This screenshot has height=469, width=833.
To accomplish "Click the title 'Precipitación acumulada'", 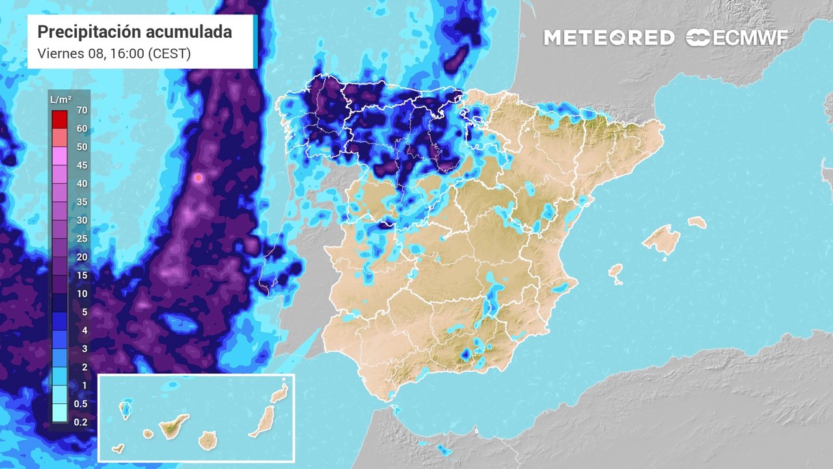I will click(x=135, y=32).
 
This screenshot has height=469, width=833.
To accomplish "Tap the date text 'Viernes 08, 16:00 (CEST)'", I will click(x=114, y=54).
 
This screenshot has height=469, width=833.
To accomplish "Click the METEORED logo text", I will click(x=609, y=38).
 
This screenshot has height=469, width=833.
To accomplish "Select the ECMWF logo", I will click(x=737, y=38).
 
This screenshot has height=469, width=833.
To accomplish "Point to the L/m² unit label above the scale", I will click(x=61, y=99).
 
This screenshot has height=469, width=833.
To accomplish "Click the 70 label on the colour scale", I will click(x=81, y=110).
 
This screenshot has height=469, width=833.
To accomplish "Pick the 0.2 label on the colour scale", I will click(x=81, y=422).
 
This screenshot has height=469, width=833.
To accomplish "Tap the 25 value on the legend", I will click(x=81, y=238).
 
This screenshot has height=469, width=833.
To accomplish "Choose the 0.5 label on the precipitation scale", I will click(x=81, y=404).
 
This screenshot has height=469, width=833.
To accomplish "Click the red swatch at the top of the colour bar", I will click(x=60, y=119).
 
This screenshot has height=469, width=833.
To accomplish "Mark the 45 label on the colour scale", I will click(x=81, y=165).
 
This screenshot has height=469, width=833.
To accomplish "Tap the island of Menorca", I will click(x=697, y=222).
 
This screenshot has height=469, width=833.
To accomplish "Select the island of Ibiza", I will click(x=616, y=273).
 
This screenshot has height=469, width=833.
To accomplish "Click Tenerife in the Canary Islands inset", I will click(x=174, y=427).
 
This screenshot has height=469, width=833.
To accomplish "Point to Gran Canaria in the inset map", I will click(x=208, y=441).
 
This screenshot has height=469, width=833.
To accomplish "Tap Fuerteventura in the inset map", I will click(x=262, y=422).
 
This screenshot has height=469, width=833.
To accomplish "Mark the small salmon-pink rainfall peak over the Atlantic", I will click(x=199, y=177).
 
